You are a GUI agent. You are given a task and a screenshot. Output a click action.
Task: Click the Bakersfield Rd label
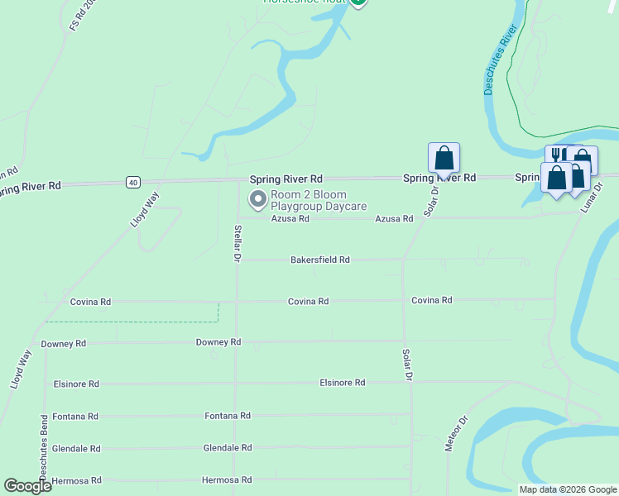pyautogui.click(x=319, y=260)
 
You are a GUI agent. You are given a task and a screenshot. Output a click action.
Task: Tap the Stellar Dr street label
pyautogui.click(x=237, y=244)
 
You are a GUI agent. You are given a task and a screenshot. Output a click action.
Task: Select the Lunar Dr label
pyautogui.click(x=593, y=198)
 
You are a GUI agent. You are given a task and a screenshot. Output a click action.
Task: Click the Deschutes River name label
pyautogui.click(x=500, y=60)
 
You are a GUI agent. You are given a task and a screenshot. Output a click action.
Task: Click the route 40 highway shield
pyautogui.click(x=133, y=182)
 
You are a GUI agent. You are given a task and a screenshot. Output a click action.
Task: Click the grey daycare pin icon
pyautogui.click(x=257, y=199)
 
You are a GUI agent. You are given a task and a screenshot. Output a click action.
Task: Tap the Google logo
pyautogui.click(x=28, y=486)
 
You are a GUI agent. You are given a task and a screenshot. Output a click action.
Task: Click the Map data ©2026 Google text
pyautogui.click(x=568, y=489)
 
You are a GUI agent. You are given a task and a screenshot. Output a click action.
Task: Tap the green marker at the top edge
pyautogui.click(x=357, y=2)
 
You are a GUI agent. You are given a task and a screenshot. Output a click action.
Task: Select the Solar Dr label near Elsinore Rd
pyautogui.click(x=406, y=365)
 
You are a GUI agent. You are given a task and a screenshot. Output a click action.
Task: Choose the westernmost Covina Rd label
pyautogui.click(x=90, y=302)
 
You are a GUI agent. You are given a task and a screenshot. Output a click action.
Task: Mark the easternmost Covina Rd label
pyautogui.click(x=432, y=300)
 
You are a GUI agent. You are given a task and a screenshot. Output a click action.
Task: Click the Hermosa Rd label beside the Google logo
pyautogui.click(x=76, y=480)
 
